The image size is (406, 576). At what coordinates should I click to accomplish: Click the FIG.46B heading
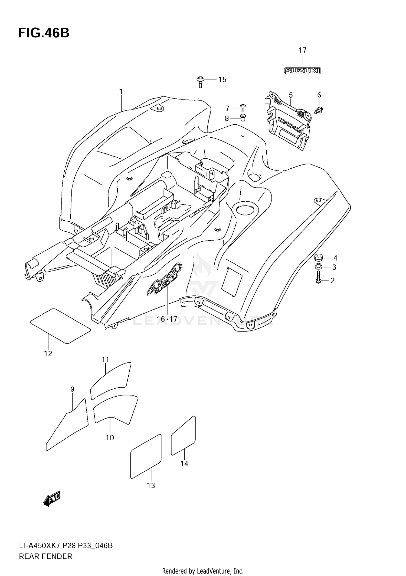tap(44, 33)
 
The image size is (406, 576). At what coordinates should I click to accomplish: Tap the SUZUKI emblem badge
tap(302, 71)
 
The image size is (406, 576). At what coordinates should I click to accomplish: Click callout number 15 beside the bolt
tap(222, 79)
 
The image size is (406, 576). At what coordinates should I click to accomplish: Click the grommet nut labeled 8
tap(243, 118)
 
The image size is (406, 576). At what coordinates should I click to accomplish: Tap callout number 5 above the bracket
tap(291, 95)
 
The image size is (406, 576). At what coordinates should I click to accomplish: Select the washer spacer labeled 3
tap(318, 267)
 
